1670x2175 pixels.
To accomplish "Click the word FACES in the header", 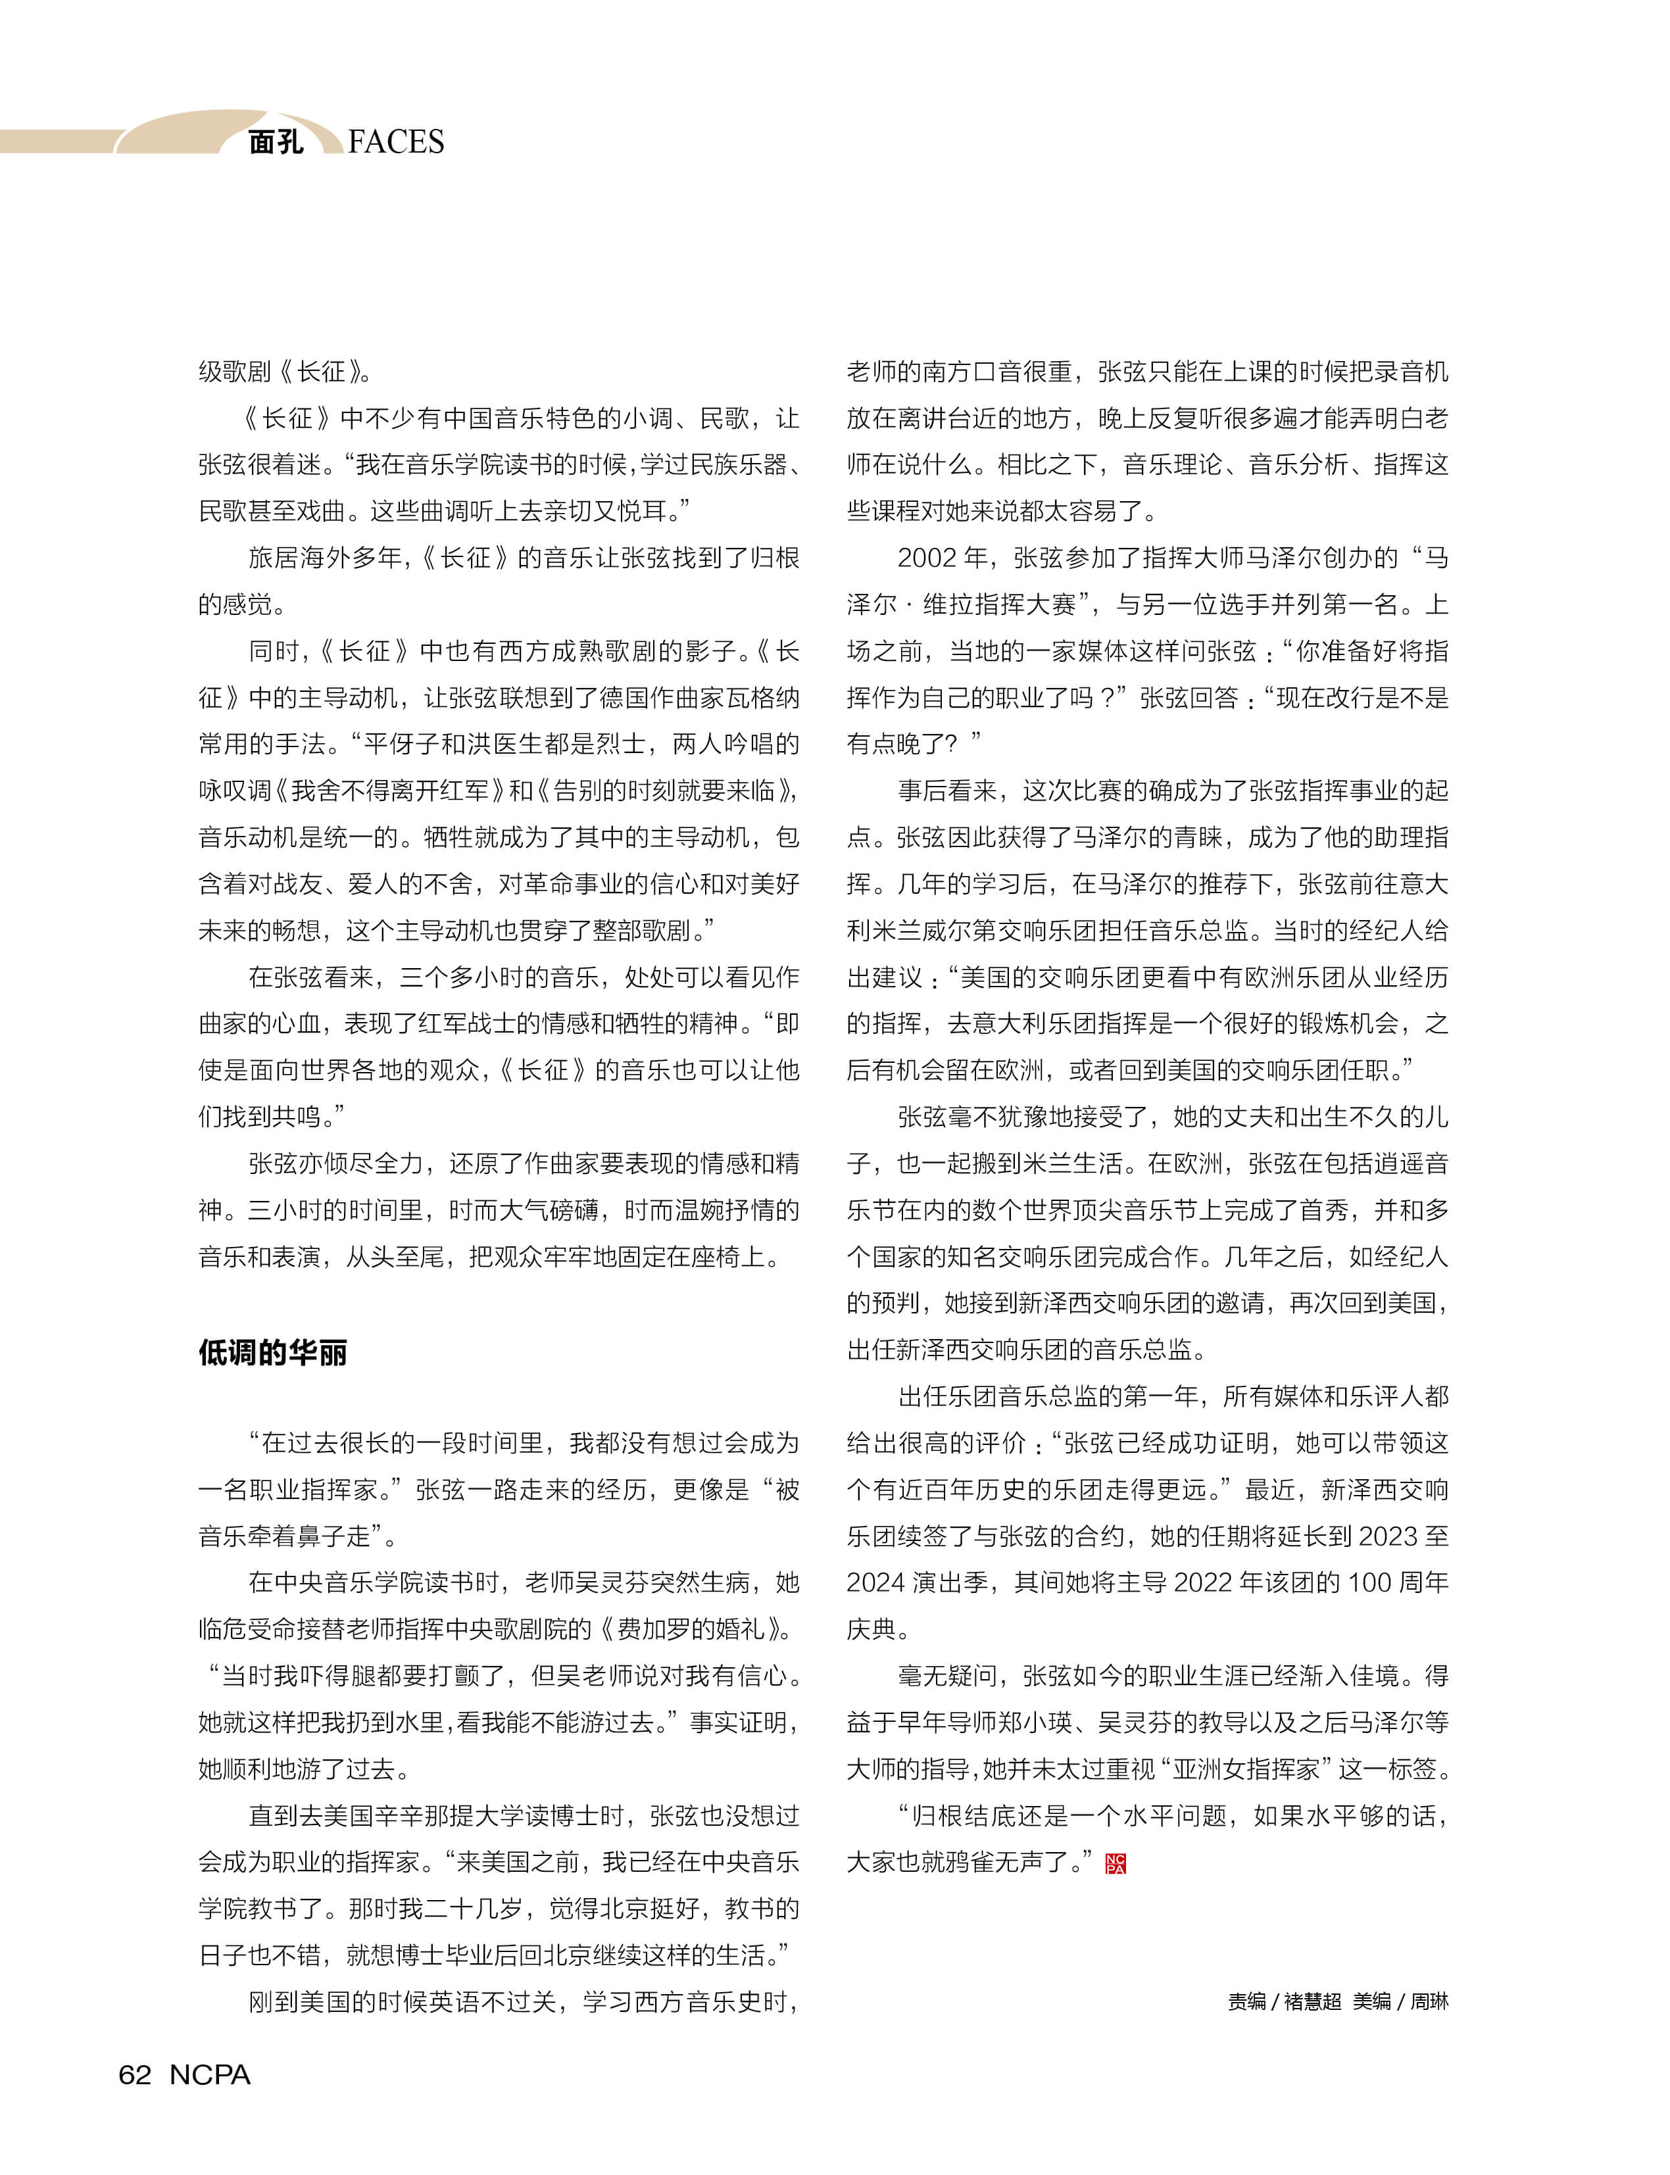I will click(x=396, y=142).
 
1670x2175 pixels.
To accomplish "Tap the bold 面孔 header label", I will click(x=276, y=142).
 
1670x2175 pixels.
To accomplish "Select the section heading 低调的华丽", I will click(x=272, y=1353).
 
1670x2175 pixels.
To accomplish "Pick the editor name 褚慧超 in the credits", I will click(x=1312, y=2001).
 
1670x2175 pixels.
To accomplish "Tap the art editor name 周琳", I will click(x=1429, y=2001).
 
